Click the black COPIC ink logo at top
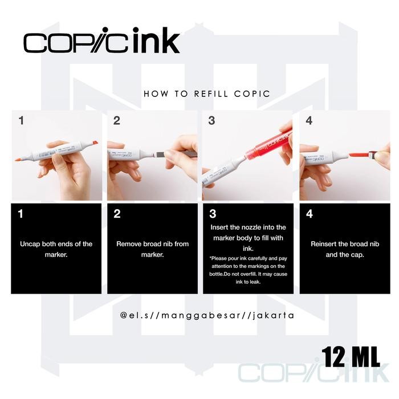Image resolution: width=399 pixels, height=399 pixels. (101, 42)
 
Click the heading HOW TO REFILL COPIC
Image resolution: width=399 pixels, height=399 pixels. (207, 93)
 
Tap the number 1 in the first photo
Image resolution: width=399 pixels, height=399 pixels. (22, 121)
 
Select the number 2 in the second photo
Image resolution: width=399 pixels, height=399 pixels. (117, 121)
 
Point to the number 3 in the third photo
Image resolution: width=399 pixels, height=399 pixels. (212, 121)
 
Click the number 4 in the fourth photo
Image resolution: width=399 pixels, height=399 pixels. (309, 121)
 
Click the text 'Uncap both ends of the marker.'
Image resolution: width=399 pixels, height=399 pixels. (56, 249)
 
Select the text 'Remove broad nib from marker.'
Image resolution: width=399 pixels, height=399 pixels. (152, 249)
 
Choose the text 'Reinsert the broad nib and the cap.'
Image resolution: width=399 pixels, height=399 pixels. (344, 249)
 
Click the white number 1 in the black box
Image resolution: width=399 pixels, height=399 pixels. (21, 214)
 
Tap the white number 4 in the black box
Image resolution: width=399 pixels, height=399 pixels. (310, 214)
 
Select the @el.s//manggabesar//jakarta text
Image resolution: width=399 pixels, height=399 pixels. (207, 315)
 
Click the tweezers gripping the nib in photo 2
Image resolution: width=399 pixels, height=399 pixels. (182, 153)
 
